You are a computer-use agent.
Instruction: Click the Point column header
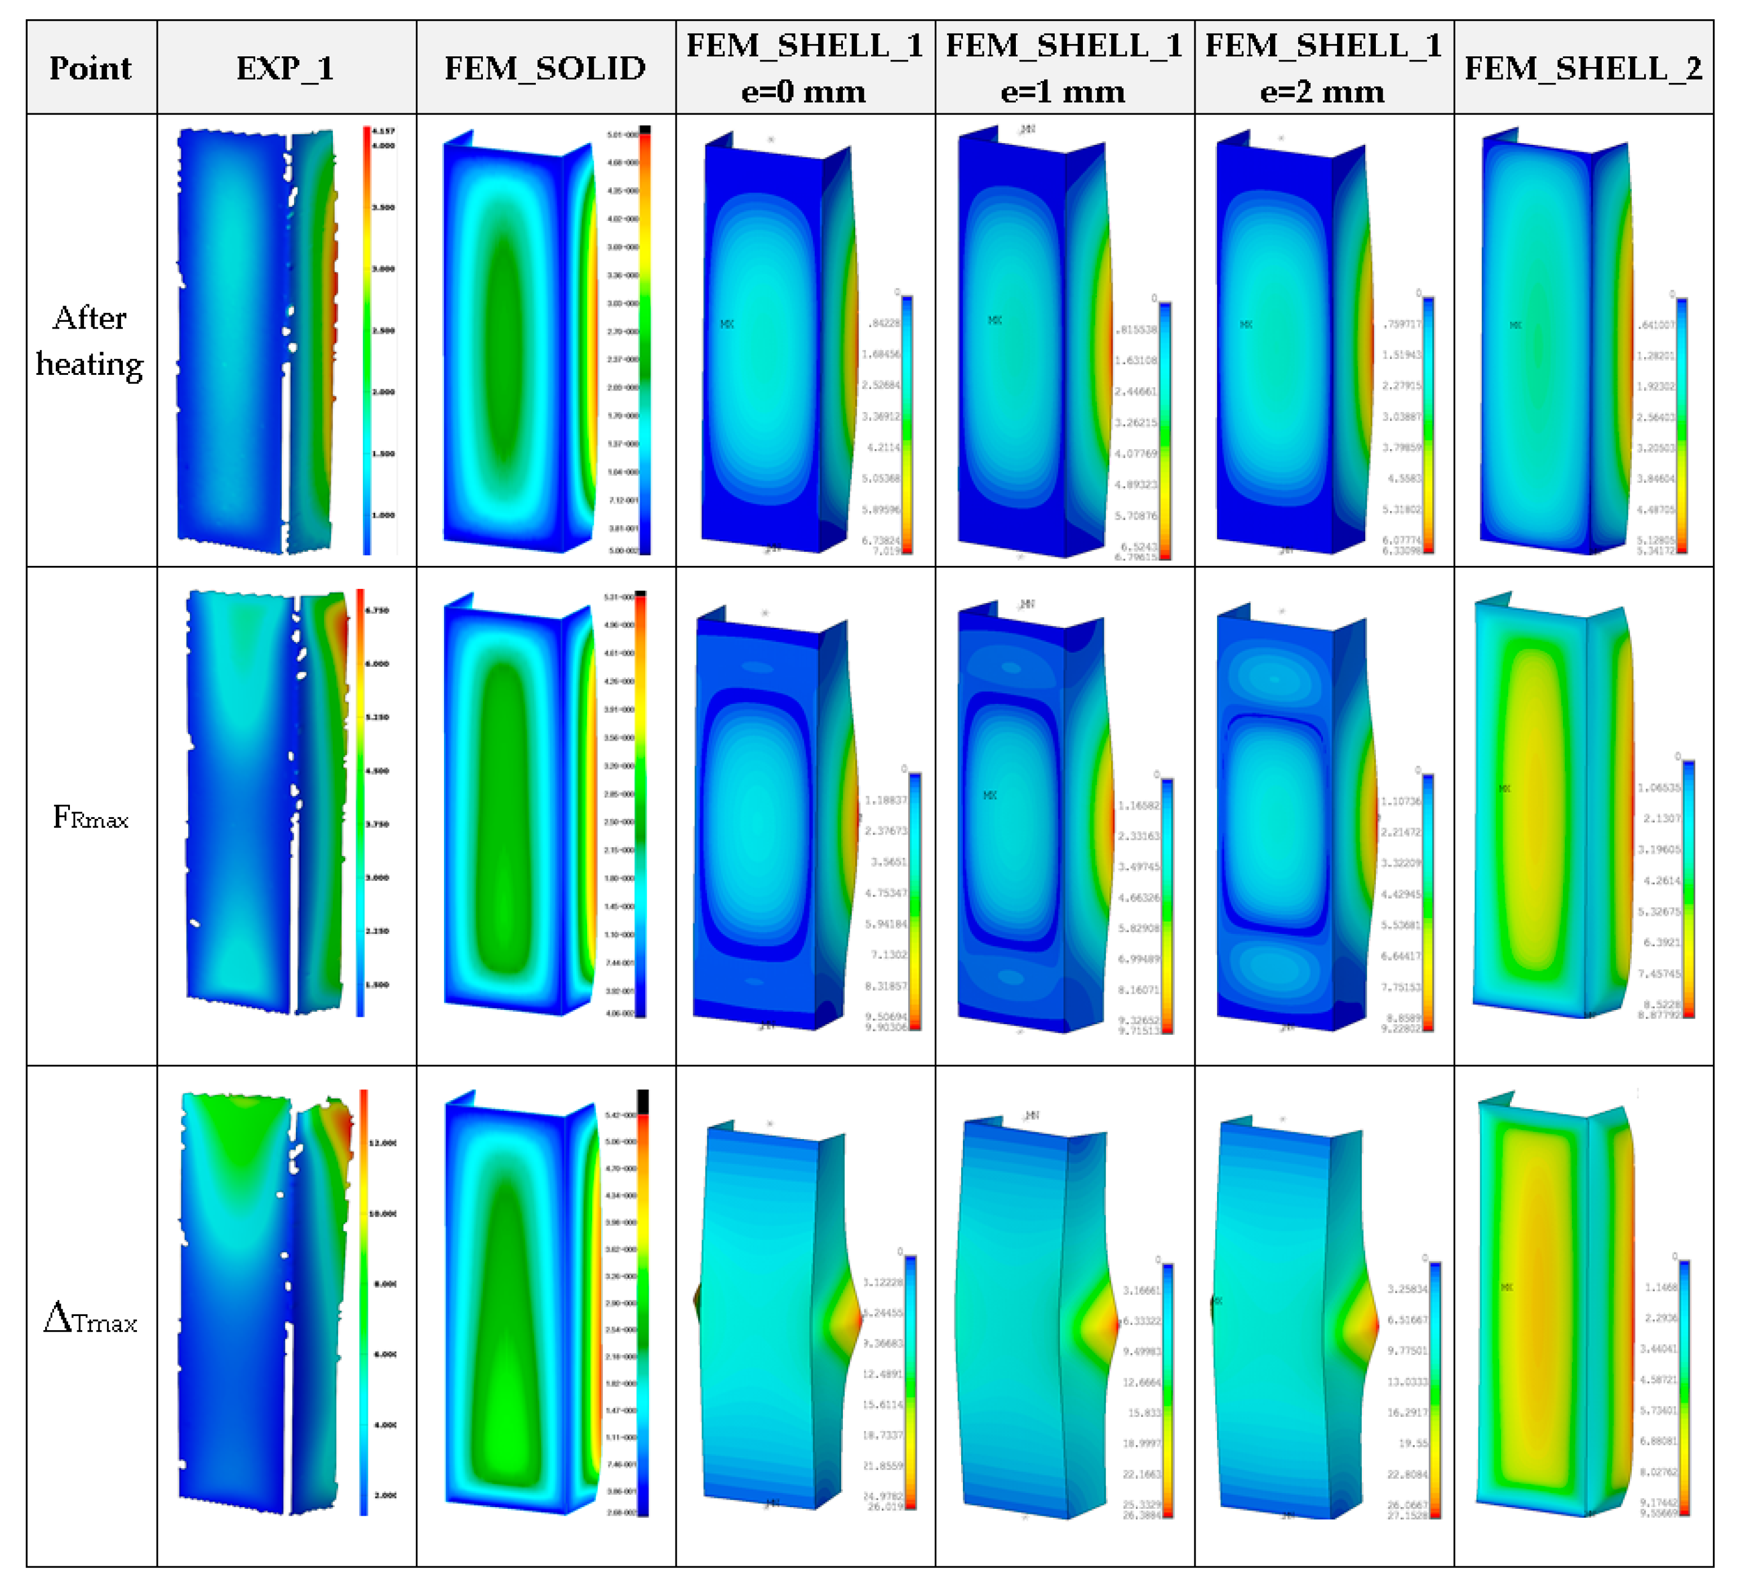coord(90,68)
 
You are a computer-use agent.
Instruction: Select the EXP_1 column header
coord(286,68)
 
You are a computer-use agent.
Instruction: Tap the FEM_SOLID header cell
coord(545,68)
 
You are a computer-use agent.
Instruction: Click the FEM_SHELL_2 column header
coord(1583,68)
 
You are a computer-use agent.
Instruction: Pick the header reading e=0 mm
coord(804,91)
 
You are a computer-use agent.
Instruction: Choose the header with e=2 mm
coord(1323,91)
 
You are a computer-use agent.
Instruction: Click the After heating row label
coord(90,340)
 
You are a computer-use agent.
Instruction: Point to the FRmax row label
coord(90,818)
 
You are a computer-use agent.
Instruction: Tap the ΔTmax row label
coord(90,1320)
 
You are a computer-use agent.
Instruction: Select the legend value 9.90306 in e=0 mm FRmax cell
coord(885,1027)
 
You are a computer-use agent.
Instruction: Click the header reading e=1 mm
coord(1063,91)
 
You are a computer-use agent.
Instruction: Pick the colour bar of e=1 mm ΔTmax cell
coord(1167,1389)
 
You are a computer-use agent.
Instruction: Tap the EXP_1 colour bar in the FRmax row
coord(360,803)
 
